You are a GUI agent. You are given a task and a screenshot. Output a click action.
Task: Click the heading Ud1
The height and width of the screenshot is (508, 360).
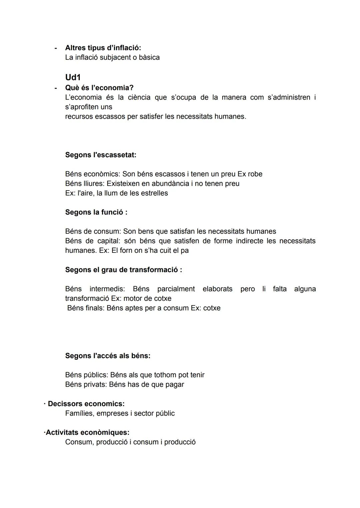[73, 77]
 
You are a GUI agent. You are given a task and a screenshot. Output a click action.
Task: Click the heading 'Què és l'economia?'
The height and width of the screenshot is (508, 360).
[99, 88]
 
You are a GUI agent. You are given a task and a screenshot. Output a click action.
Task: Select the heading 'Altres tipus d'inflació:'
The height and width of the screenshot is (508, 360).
[103, 48]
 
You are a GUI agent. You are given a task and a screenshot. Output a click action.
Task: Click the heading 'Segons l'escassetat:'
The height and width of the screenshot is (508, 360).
[101, 155]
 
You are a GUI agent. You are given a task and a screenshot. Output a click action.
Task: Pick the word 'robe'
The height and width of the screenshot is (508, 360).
[255, 174]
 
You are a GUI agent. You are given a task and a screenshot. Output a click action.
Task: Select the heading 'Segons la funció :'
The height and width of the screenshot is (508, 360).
[96, 212]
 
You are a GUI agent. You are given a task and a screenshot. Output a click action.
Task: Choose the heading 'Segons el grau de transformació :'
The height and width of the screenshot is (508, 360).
[123, 270]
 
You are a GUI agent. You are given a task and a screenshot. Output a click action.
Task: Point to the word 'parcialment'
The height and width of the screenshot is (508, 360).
[176, 289]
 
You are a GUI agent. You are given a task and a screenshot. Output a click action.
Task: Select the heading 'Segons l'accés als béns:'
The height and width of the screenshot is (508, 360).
[108, 356]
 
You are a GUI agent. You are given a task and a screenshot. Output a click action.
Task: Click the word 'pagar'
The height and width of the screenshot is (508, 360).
[175, 384]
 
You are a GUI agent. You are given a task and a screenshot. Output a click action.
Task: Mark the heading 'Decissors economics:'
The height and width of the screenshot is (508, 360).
[86, 404]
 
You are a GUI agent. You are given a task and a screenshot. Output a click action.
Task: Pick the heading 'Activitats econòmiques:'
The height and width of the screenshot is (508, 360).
[87, 432]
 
